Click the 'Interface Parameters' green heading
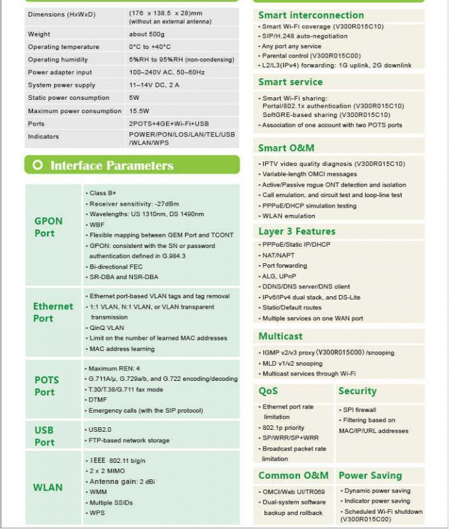[x=112, y=165]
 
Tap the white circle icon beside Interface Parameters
[x=38, y=165]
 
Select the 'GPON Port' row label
[x=48, y=227]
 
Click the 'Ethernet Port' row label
[x=53, y=312]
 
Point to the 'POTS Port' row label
[x=46, y=386]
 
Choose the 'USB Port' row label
[x=44, y=436]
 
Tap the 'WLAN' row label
[x=48, y=487]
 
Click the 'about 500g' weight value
[x=147, y=34]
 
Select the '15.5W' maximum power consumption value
[x=140, y=111]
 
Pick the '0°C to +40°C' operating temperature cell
[x=150, y=47]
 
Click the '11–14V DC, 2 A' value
[x=154, y=85]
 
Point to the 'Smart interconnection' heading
[x=311, y=15]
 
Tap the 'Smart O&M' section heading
[x=286, y=148]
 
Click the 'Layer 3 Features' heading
[x=297, y=231]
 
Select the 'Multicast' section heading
[x=280, y=336]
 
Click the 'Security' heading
[x=357, y=391]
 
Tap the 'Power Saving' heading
[x=370, y=475]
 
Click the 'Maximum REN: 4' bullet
[x=114, y=368]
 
